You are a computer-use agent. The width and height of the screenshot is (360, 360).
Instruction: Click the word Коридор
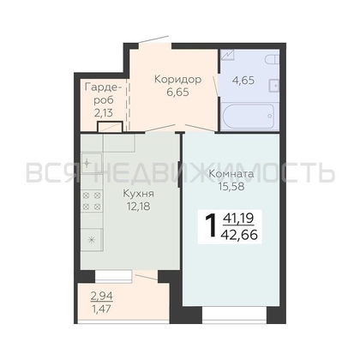coord(177,80)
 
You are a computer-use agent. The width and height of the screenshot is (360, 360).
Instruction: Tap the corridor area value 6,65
coord(177,93)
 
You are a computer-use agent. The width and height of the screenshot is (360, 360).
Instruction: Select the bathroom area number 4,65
coord(243,81)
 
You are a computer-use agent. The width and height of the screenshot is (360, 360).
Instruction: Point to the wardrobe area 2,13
coord(104,113)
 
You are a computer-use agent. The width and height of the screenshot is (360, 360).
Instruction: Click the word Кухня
coord(138,194)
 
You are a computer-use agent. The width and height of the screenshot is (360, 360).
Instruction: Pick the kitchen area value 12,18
coord(138,206)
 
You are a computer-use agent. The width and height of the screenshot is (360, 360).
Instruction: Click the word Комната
coord(231,174)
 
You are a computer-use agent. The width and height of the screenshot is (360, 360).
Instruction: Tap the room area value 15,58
coord(231,186)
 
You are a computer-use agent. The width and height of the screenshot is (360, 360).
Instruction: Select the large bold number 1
coord(211,226)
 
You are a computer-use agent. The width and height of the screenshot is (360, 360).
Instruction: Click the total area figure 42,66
coord(239,235)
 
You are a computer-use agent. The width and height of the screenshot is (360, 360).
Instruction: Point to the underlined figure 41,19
coord(238,219)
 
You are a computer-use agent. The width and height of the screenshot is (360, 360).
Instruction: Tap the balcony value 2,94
coord(102,297)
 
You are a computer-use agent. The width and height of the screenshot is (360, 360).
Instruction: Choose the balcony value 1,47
coord(102,309)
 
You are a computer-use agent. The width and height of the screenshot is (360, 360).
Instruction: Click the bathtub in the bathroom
coord(248,117)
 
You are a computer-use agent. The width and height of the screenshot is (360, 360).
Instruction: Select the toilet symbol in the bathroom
coord(272,59)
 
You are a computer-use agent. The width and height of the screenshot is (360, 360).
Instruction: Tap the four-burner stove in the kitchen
coord(92,201)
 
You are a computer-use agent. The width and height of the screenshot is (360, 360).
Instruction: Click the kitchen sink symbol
coord(91,163)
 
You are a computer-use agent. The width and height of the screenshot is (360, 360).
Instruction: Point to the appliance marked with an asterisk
coord(92,240)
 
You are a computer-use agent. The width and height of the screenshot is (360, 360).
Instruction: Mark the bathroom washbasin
coord(273,86)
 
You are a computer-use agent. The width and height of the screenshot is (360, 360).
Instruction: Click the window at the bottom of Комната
coord(234,315)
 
